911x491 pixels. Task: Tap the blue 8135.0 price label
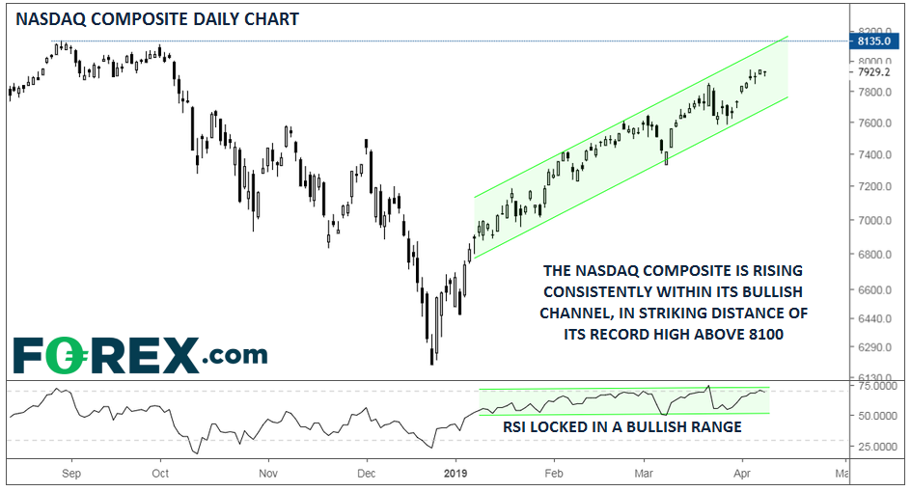pos(876,41)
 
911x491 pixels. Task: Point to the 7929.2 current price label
pos(876,70)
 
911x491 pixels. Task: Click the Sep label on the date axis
pos(69,475)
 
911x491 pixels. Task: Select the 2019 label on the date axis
pos(455,475)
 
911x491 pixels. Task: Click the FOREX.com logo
pos(140,355)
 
